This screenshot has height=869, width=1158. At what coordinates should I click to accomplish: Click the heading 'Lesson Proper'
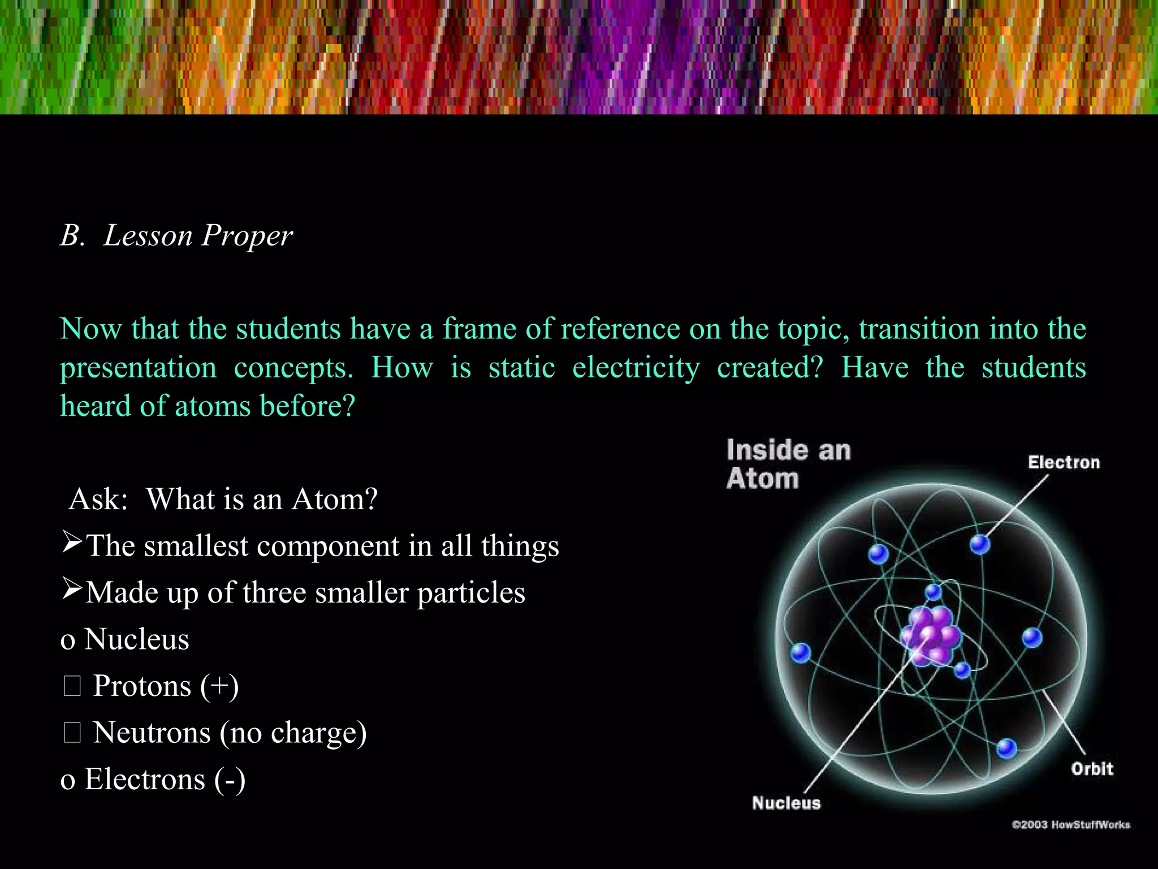pyautogui.click(x=198, y=235)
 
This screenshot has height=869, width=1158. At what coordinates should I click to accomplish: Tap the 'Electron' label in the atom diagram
pyautogui.click(x=1064, y=462)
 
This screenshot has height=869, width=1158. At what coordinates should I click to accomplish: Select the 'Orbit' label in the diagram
pyautogui.click(x=1091, y=769)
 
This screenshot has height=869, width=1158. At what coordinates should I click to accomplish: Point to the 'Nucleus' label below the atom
pyautogui.click(x=786, y=803)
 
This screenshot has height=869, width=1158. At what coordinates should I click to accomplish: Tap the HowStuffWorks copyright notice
pyautogui.click(x=1070, y=824)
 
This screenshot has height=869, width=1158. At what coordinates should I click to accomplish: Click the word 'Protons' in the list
pyautogui.click(x=142, y=686)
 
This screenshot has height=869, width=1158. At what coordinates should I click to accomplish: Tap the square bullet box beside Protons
pyautogui.click(x=72, y=686)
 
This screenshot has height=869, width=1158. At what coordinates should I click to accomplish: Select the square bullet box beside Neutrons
pyautogui.click(x=72, y=733)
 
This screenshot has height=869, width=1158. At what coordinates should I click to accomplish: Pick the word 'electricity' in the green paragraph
pyautogui.click(x=636, y=368)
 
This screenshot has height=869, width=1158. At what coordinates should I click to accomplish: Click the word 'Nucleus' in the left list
pyautogui.click(x=136, y=639)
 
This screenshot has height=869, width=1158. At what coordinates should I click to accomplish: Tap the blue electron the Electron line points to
pyautogui.click(x=979, y=544)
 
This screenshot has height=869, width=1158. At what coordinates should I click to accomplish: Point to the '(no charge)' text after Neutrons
pyautogui.click(x=293, y=733)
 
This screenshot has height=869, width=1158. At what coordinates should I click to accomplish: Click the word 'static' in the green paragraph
pyautogui.click(x=521, y=368)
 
